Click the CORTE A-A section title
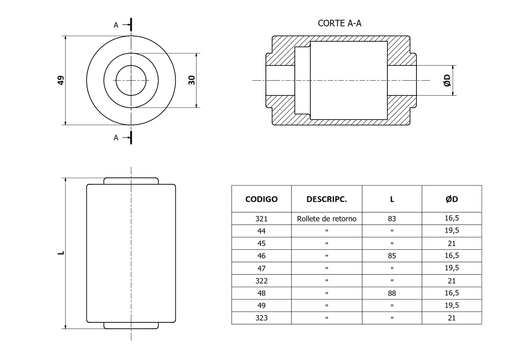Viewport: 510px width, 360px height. point(339,23)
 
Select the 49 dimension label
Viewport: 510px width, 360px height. point(61,80)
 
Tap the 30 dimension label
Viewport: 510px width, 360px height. point(192,80)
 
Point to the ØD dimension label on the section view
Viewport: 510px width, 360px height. point(447,81)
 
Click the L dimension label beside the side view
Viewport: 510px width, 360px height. point(61,253)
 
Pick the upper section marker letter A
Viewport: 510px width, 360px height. point(116,25)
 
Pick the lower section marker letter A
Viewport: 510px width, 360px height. point(116,138)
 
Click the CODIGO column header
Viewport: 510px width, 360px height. point(261,199)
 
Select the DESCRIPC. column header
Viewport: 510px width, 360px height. point(326,199)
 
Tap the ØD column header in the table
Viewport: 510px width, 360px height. point(452,199)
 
